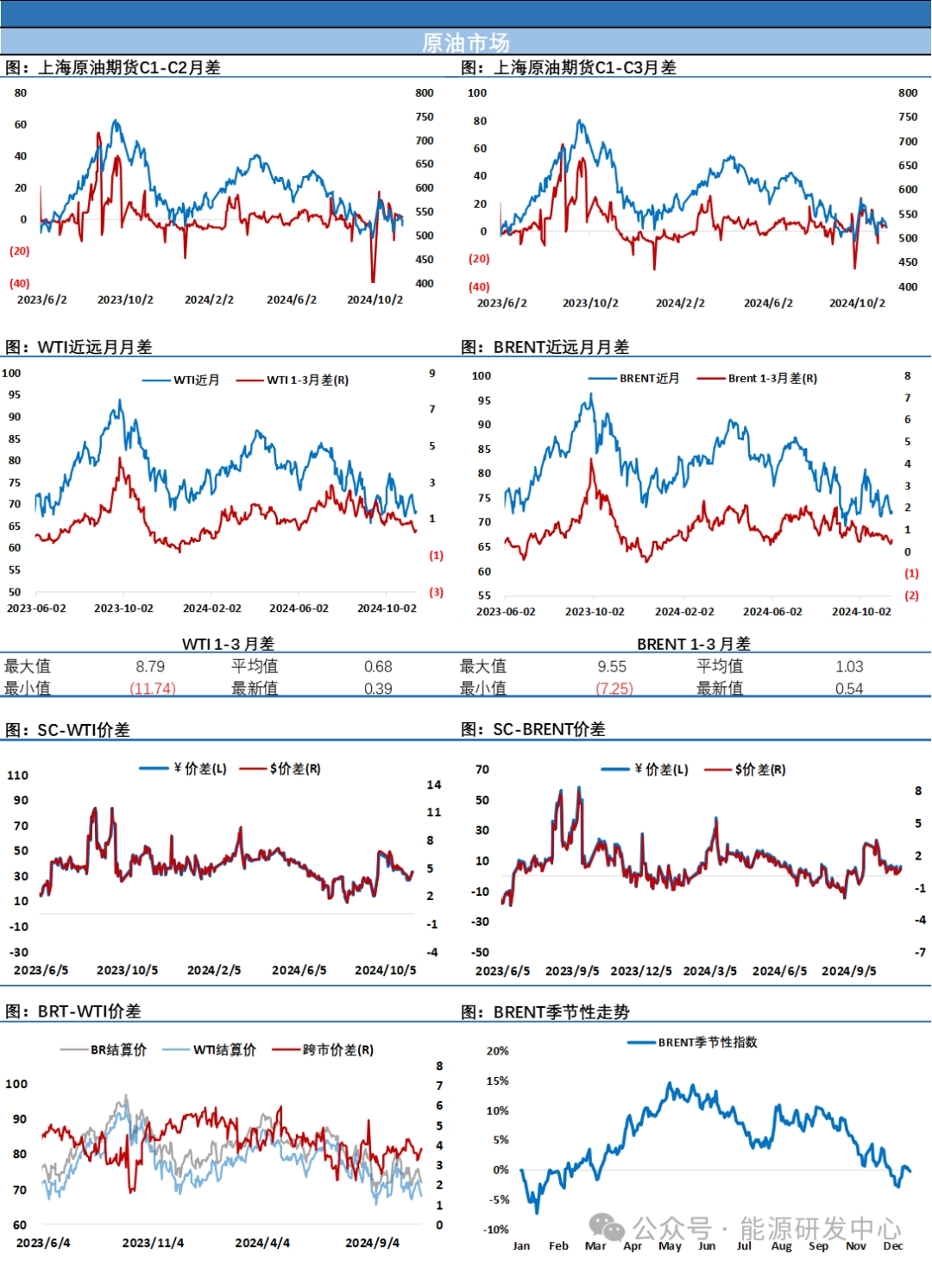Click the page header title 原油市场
(x=465, y=42)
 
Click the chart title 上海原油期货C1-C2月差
(x=129, y=67)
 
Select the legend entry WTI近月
(x=196, y=380)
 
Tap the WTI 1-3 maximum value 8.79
(x=150, y=666)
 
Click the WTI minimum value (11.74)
(x=153, y=689)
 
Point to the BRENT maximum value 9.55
(x=612, y=666)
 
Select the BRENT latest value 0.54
(x=849, y=689)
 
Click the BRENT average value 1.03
(x=849, y=666)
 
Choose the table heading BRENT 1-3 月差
(x=694, y=644)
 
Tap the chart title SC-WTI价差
(x=83, y=730)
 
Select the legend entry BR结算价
(x=118, y=1049)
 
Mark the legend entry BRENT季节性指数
(x=707, y=1042)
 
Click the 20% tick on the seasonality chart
(x=498, y=1051)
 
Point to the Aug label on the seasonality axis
(x=781, y=1245)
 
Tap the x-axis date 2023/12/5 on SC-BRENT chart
(x=641, y=971)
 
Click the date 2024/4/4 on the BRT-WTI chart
(x=262, y=1243)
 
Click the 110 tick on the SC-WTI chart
(x=18, y=775)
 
